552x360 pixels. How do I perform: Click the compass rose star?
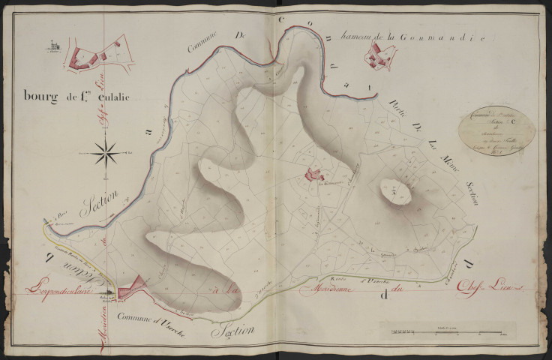(107, 154)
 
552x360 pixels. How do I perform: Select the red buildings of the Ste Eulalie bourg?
(94, 59)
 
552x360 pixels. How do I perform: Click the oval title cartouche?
(496, 130)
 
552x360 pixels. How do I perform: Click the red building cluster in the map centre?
(310, 175)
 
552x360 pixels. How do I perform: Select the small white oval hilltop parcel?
(394, 191)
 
